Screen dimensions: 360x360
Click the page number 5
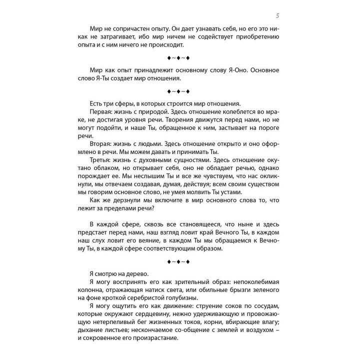click(277, 15)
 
